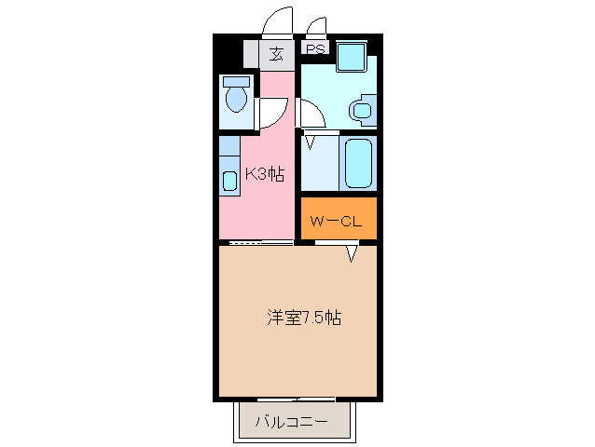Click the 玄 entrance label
tap(277, 53)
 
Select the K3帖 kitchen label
tap(264, 174)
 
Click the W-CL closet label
tap(337, 221)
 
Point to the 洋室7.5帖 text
tap(303, 318)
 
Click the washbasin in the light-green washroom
tap(361, 112)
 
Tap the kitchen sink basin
tap(229, 181)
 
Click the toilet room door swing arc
tap(272, 113)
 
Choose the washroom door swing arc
tap(311, 113)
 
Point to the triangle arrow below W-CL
tap(352, 253)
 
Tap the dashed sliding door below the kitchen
tap(260, 243)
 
